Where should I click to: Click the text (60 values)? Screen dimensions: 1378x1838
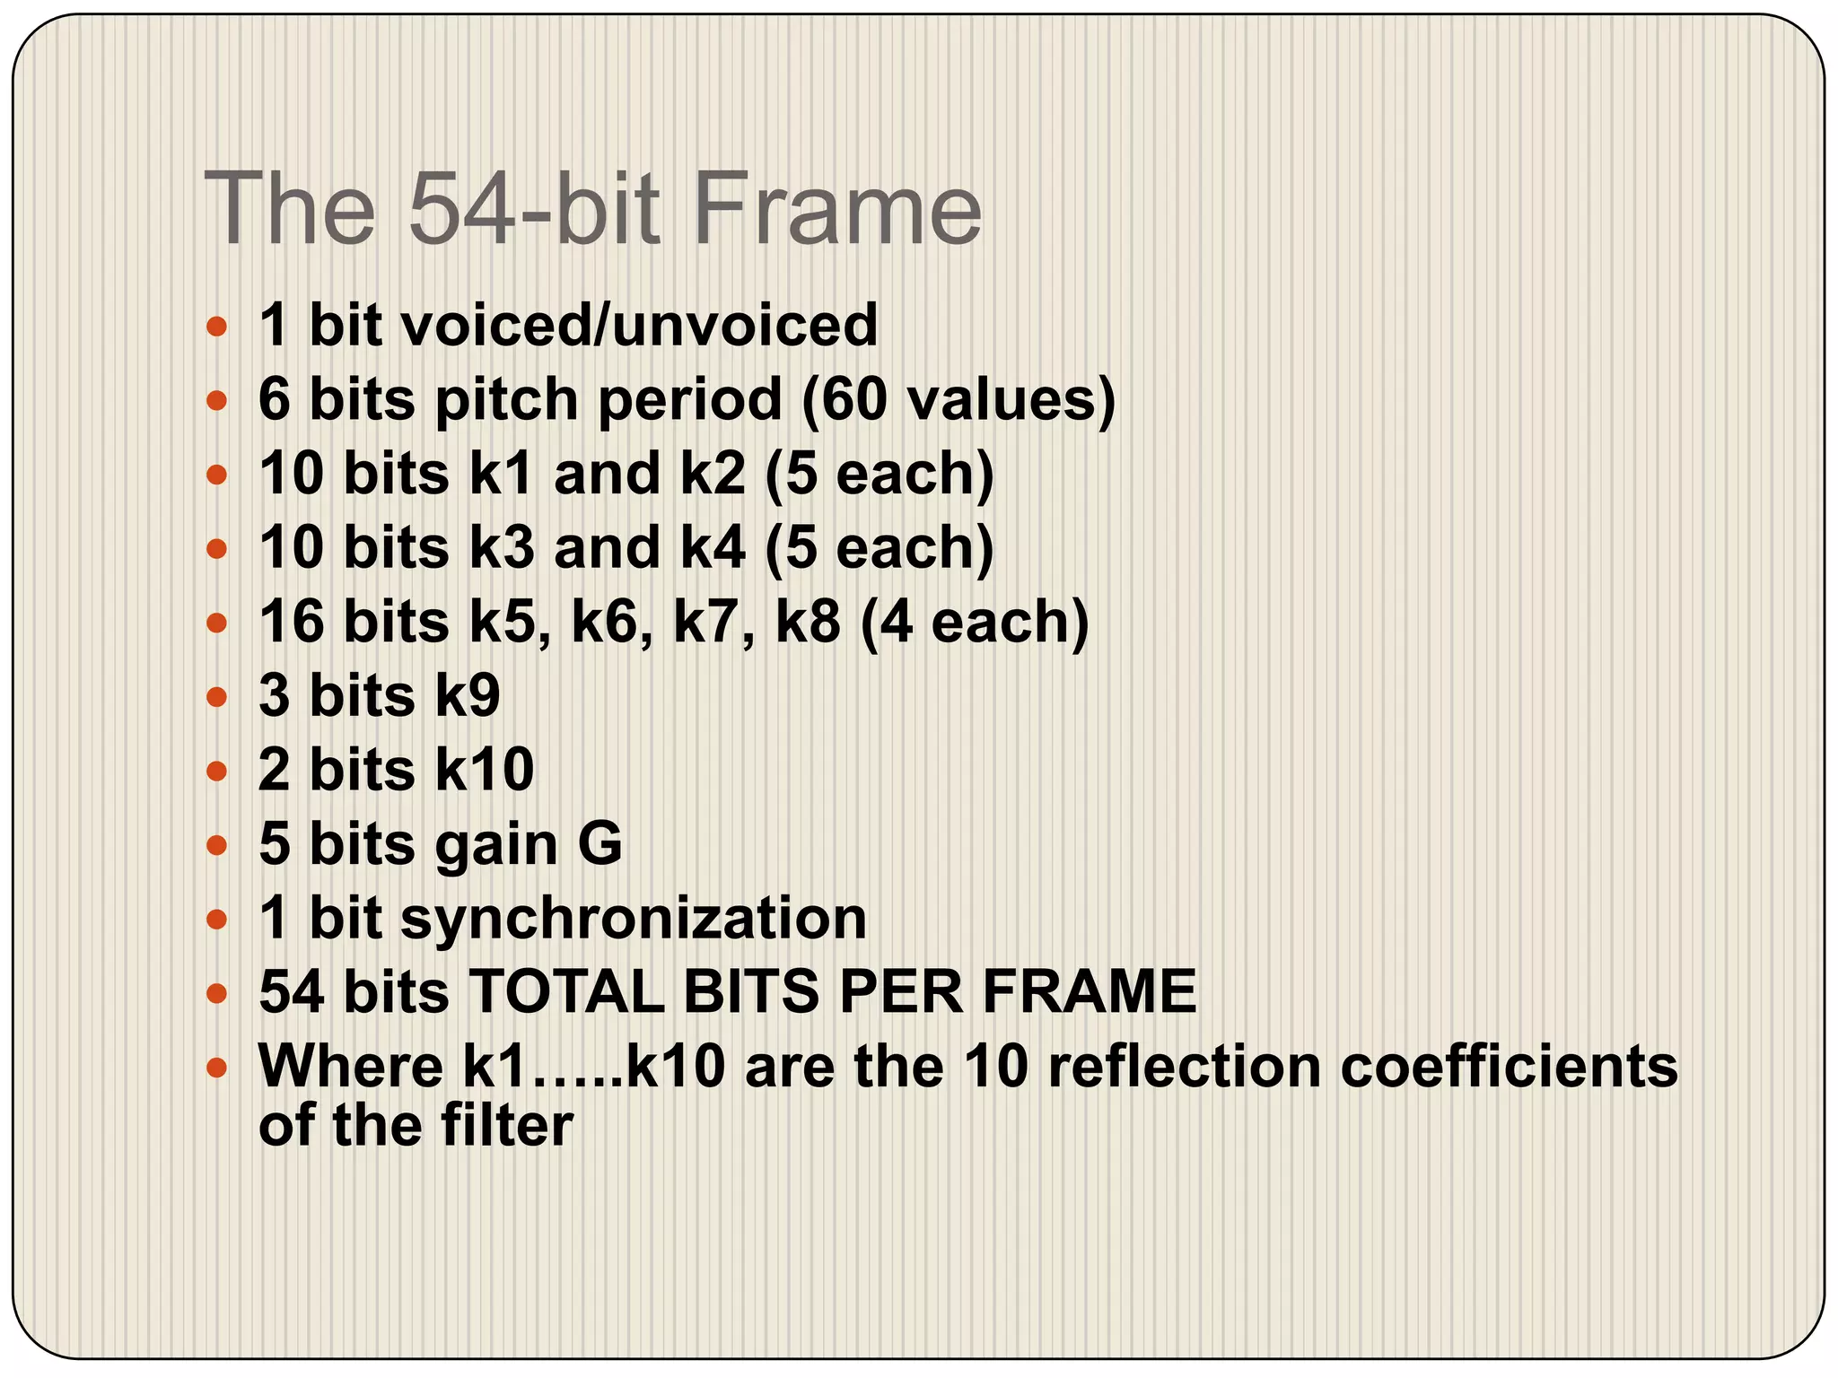coord(958,399)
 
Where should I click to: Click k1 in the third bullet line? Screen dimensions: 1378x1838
coord(502,474)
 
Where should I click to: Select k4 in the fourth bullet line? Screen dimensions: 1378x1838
coord(713,547)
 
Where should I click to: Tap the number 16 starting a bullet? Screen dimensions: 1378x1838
coord(291,622)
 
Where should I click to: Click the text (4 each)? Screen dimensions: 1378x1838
coord(974,622)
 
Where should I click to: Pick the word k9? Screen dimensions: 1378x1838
coord(468,696)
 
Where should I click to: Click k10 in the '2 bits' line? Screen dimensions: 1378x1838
coord(485,770)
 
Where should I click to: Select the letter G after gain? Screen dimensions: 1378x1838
coord(600,844)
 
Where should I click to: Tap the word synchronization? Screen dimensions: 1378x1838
coord(634,919)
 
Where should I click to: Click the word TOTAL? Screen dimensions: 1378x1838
coord(565,992)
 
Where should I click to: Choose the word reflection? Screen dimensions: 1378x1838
coord(1184,1067)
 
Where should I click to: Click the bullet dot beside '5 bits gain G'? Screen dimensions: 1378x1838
coord(216,845)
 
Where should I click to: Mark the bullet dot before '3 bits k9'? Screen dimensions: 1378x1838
coord(216,697)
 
